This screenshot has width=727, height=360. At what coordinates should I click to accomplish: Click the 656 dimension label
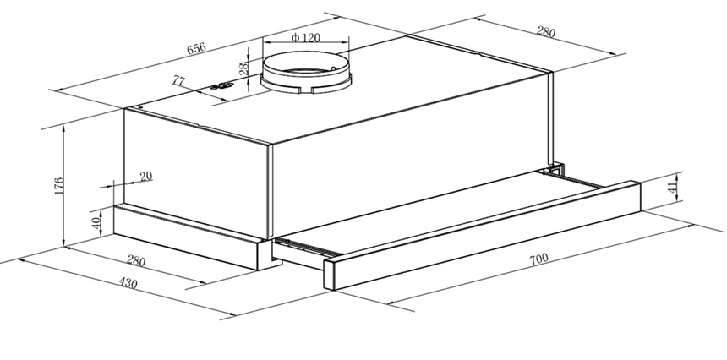coord(195,50)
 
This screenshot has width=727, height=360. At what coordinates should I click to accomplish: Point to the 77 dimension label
coord(179,81)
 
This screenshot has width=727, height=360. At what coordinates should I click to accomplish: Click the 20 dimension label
coord(145,177)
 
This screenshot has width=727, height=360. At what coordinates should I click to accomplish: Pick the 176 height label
coord(58,186)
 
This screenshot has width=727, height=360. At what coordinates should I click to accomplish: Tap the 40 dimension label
coord(97,224)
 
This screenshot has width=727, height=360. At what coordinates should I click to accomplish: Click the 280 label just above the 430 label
coord(135,261)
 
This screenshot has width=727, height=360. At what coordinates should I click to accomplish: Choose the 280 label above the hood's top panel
coord(545,33)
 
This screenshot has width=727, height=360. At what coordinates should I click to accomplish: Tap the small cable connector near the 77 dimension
coord(221,85)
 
